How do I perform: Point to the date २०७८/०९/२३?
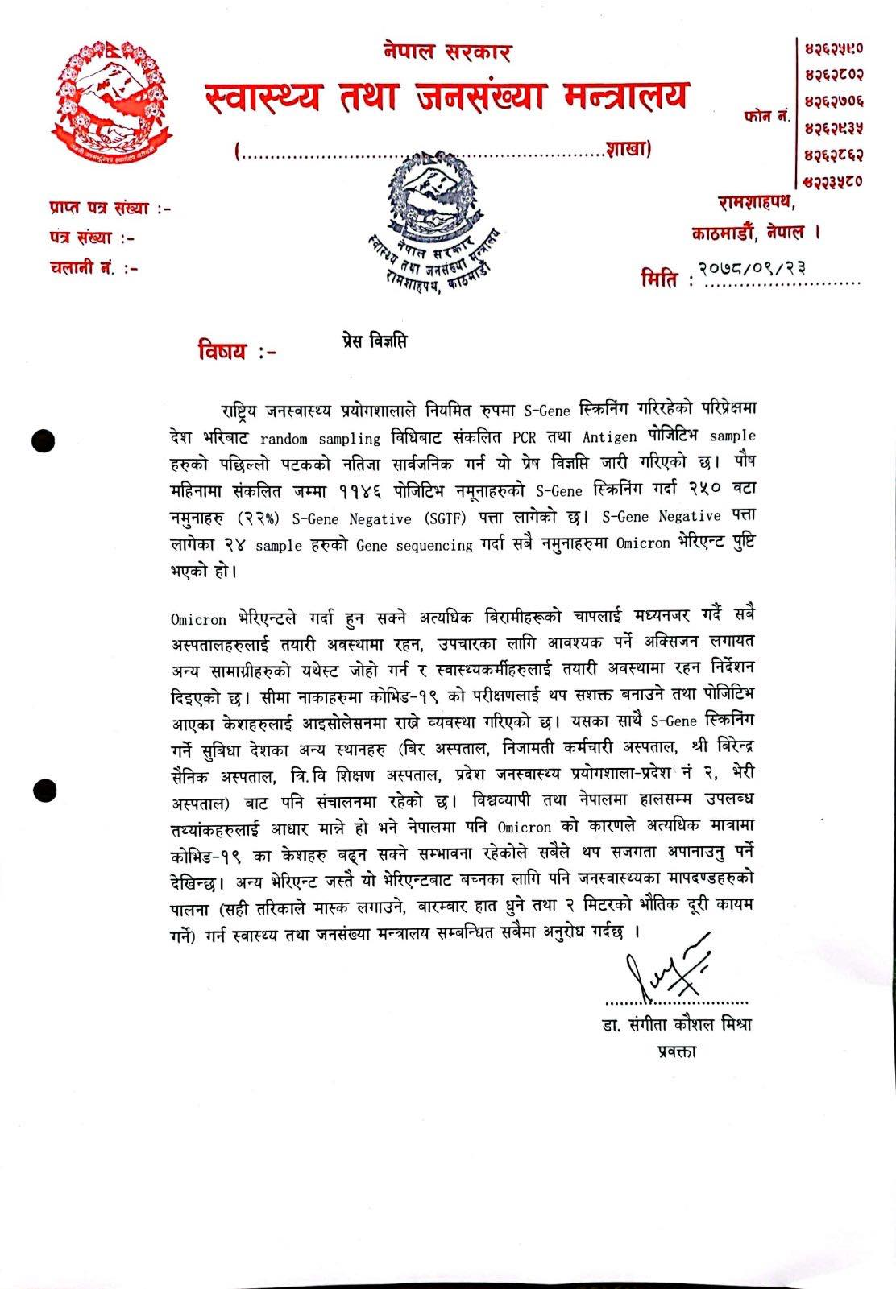coord(753,267)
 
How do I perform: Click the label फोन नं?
coord(765,117)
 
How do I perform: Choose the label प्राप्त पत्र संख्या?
coord(108,209)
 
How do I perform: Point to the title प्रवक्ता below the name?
coord(676,1051)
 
